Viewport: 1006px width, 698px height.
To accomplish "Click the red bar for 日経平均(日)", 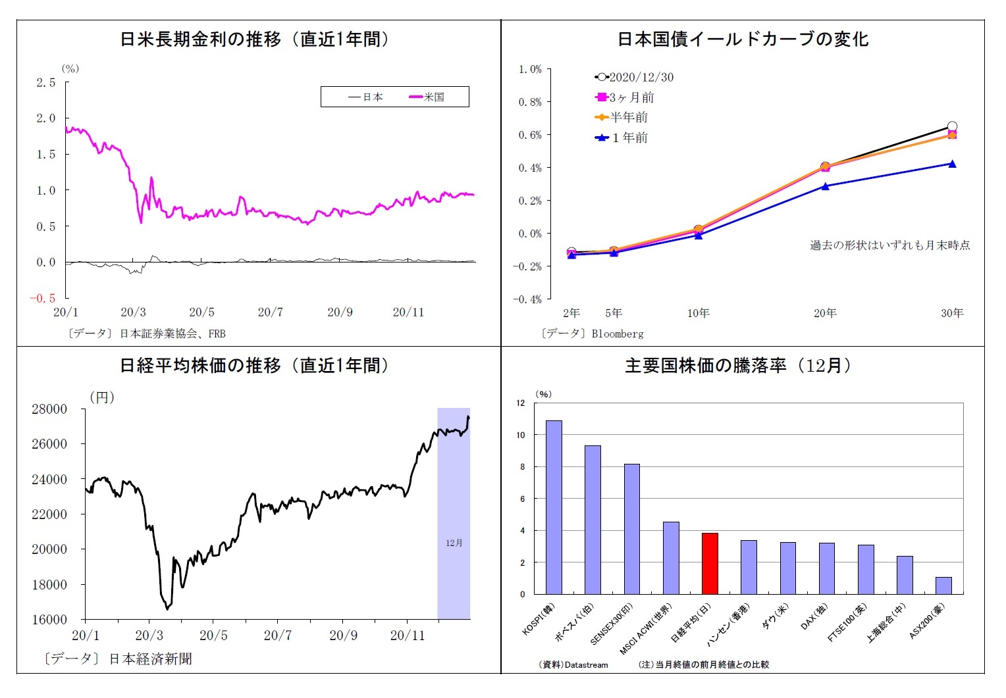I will [x=710, y=564].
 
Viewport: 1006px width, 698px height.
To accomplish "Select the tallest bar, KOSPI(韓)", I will [x=554, y=507].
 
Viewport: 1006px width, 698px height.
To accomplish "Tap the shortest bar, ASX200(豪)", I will [x=943, y=586].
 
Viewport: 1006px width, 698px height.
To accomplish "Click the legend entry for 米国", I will [x=427, y=97].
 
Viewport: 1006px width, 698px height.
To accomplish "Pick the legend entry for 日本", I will [x=366, y=97].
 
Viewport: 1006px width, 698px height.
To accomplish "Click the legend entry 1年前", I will [x=622, y=138].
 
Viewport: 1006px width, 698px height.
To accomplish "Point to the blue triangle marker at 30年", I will [x=952, y=164].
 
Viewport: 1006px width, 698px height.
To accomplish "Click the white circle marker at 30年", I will [x=952, y=126].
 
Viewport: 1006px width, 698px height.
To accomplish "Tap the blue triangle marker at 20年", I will [x=825, y=186].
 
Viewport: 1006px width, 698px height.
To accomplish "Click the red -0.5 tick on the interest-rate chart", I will [x=43, y=298].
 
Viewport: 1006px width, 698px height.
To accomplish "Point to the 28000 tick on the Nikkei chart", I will [x=49, y=409].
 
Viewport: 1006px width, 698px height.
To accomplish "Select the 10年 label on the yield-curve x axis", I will [x=698, y=313].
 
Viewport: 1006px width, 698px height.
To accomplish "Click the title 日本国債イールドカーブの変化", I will [x=743, y=39].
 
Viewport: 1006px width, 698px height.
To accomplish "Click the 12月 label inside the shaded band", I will [x=454, y=543].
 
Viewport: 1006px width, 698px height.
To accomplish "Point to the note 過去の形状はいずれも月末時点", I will [x=889, y=245].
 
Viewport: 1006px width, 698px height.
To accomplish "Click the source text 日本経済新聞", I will [x=150, y=659].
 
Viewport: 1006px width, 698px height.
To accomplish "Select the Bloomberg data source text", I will [x=617, y=334].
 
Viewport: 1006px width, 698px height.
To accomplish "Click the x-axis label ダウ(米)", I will [x=774, y=618].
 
